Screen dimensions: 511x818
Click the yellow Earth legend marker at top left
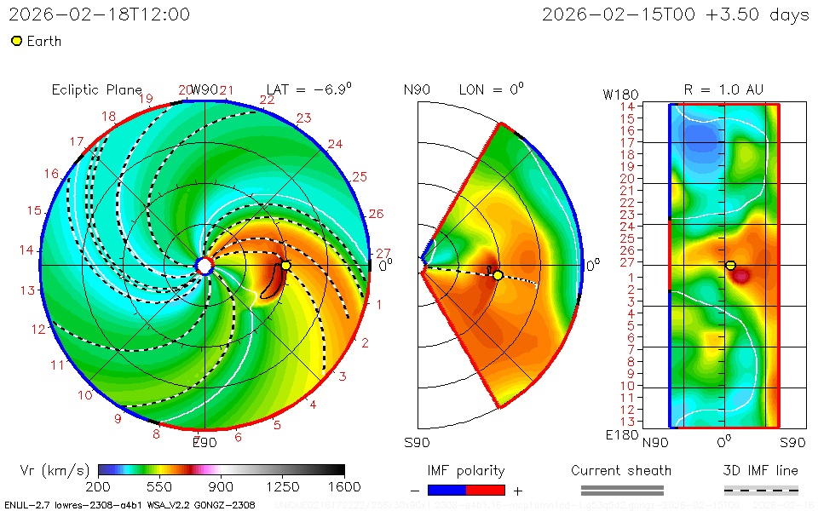click(x=16, y=41)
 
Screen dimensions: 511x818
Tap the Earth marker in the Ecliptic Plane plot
click(x=286, y=266)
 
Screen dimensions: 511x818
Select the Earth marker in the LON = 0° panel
click(x=498, y=274)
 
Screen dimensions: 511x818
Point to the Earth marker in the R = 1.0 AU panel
click(x=730, y=266)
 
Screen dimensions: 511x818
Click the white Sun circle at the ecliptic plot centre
click(x=204, y=266)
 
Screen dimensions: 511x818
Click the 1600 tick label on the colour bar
click(x=344, y=486)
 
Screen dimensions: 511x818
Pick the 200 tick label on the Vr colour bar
click(x=98, y=486)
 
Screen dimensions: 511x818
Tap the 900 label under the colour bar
click(x=222, y=486)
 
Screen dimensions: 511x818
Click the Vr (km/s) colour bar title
click(x=55, y=470)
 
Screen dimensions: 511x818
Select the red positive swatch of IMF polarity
click(x=486, y=490)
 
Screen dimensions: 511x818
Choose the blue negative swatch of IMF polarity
click(x=446, y=490)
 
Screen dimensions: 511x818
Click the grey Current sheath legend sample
click(x=621, y=490)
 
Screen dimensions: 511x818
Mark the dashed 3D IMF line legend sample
click(x=761, y=490)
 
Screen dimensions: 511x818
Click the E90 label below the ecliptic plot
click(x=204, y=442)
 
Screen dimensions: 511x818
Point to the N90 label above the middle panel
click(x=417, y=89)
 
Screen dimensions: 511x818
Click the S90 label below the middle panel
click(x=417, y=442)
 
